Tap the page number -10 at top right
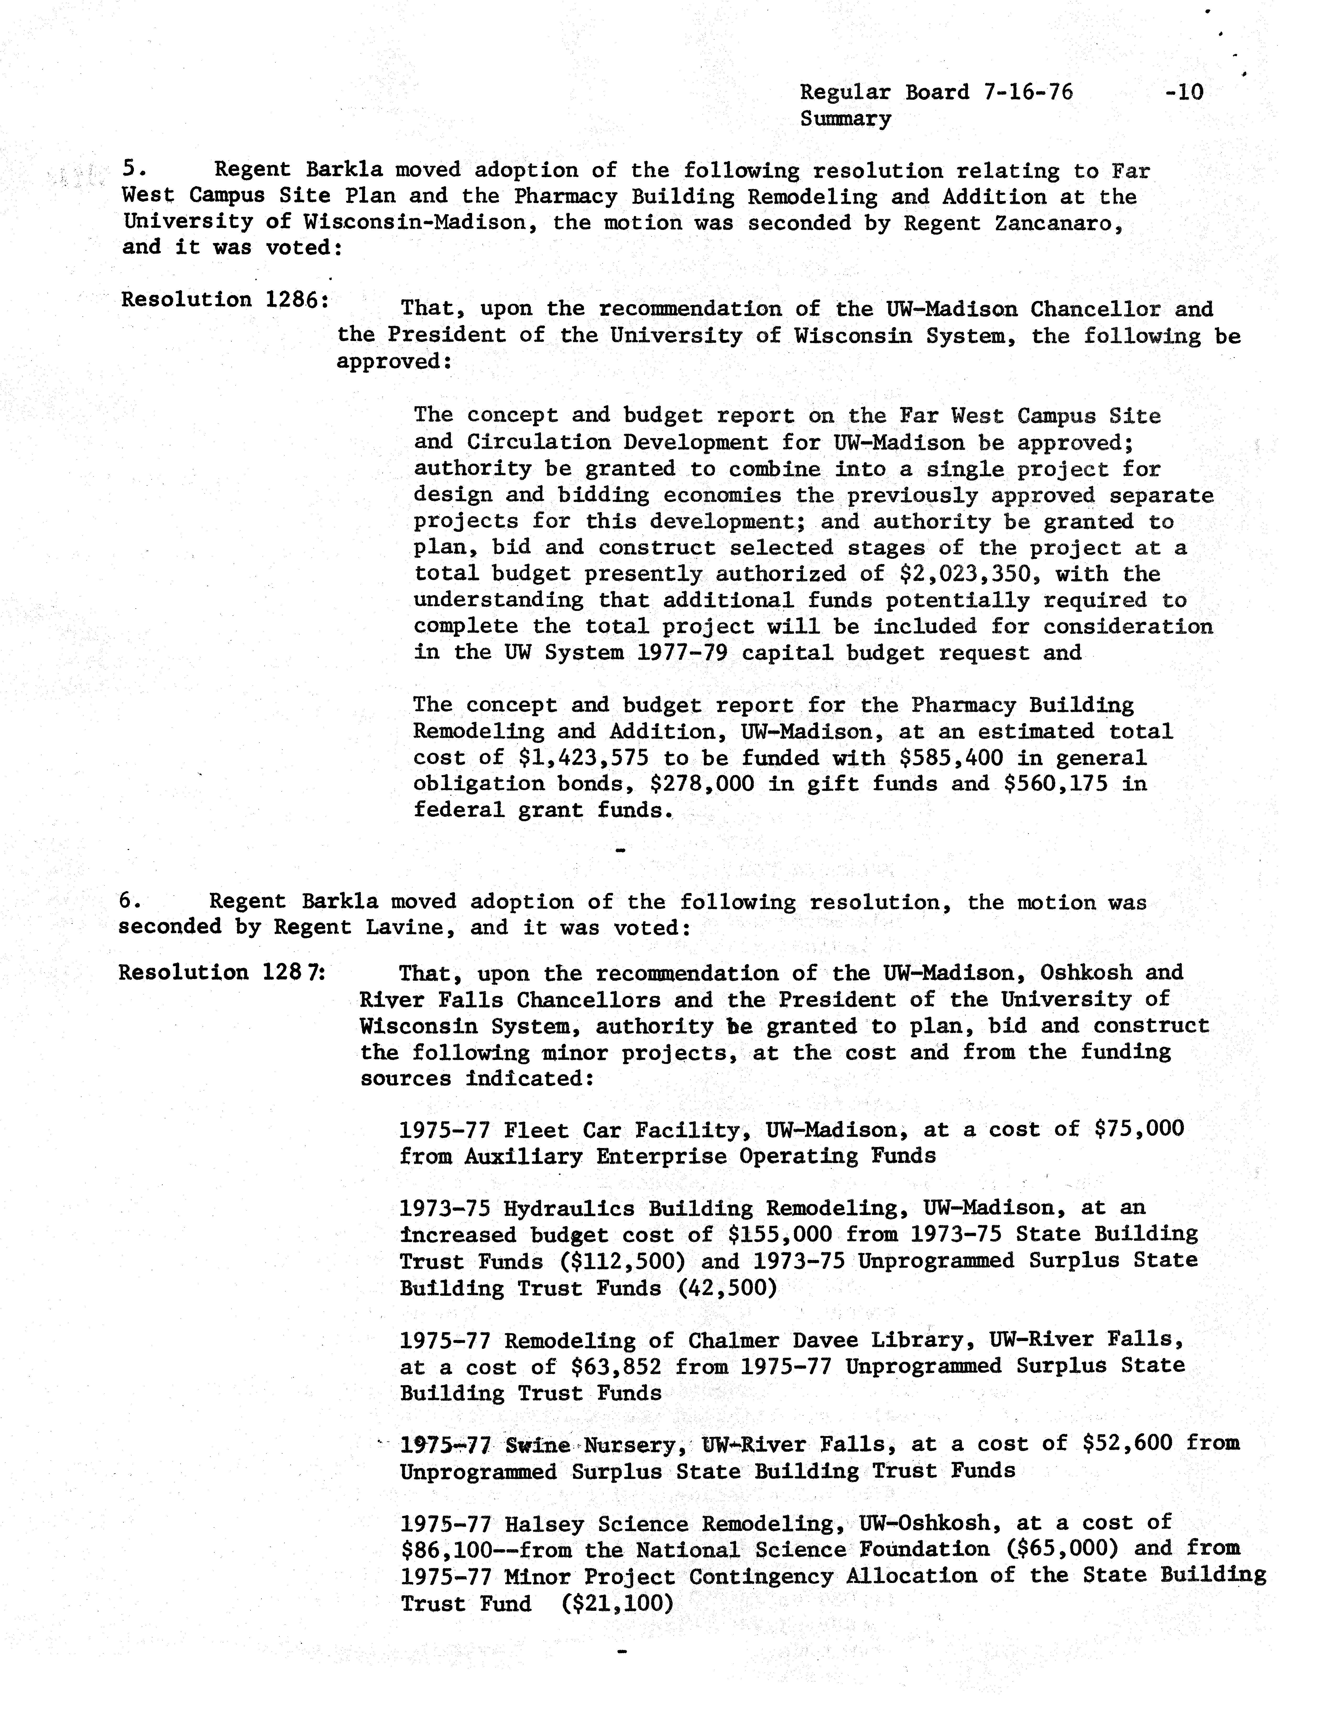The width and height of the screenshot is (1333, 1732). click(x=1184, y=92)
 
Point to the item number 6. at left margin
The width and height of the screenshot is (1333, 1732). click(x=130, y=901)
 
